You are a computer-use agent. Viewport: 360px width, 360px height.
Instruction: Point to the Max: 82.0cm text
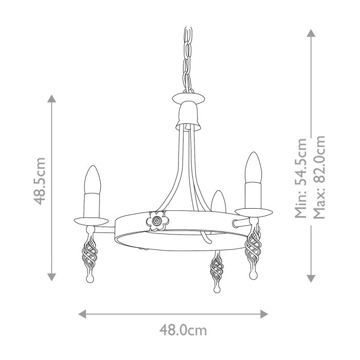319,176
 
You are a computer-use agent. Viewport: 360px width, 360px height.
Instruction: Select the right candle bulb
254,168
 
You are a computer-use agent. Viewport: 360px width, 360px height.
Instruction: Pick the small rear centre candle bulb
218,201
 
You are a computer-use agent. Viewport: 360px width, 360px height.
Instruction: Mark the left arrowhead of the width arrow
82,313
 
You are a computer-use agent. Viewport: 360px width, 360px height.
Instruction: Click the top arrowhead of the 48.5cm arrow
51,99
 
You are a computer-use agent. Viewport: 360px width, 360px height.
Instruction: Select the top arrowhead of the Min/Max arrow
311,32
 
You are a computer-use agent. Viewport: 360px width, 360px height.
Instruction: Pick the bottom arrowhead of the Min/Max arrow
311,278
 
